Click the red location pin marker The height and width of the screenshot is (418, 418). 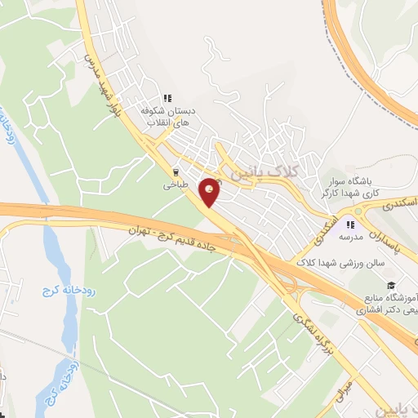tap(210, 192)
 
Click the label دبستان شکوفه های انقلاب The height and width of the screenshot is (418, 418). tap(168, 116)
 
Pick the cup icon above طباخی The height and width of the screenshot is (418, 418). tap(175, 172)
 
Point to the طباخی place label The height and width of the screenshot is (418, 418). tap(175, 185)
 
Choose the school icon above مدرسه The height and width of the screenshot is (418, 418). tap(350, 224)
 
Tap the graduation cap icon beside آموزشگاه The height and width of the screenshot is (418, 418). tap(393, 285)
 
